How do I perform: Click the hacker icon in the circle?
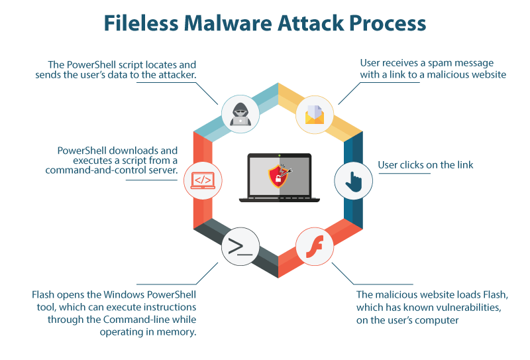point(238,112)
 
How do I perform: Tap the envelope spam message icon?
point(312,112)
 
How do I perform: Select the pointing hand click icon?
point(352,180)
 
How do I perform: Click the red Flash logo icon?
point(312,247)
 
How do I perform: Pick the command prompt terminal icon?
point(238,247)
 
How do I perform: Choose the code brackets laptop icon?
point(201,180)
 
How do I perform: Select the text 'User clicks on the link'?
point(425,165)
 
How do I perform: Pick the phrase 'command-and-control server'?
point(111,170)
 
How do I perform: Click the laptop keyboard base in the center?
point(279,198)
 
